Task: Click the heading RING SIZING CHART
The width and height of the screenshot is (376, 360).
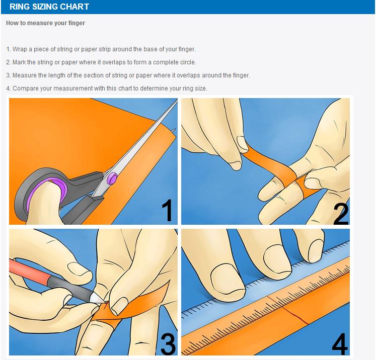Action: pos(49,7)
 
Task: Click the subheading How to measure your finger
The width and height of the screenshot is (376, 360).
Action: pos(46,23)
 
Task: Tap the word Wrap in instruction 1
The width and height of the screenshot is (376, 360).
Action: pos(20,49)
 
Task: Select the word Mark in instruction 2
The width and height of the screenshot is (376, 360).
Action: pos(19,62)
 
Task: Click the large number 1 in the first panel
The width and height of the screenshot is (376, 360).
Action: pos(167,210)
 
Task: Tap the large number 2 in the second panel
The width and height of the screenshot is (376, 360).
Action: pos(341,213)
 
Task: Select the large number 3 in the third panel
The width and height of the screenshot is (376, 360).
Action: pos(168,344)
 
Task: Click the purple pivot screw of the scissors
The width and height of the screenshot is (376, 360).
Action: pos(112,178)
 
